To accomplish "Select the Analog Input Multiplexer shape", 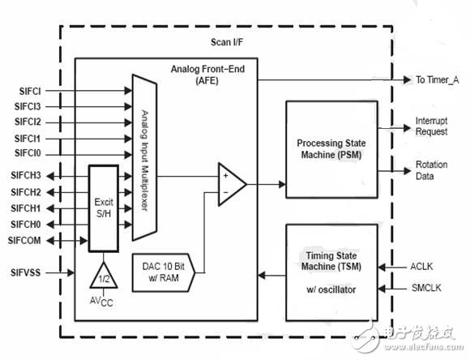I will [x=143, y=162].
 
